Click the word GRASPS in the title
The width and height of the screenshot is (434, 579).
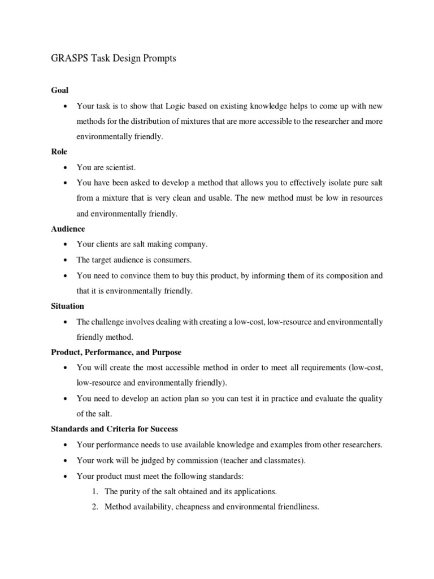[64, 58]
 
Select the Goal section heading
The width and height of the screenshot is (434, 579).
[59, 90]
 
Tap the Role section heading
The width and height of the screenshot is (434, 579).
[59, 152]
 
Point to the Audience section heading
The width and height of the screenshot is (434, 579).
[68, 229]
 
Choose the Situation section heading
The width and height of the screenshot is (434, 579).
[68, 306]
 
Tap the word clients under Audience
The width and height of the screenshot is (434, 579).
[107, 244]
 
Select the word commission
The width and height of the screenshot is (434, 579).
[209, 460]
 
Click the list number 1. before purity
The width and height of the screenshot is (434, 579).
[95, 491]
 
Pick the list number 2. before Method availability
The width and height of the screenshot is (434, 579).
[95, 507]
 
